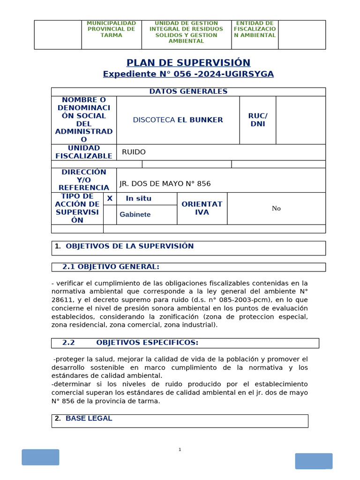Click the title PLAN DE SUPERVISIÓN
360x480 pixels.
tap(188, 63)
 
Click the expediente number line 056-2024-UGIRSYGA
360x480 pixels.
tap(188, 74)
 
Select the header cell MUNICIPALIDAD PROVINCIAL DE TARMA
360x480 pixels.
tap(112, 29)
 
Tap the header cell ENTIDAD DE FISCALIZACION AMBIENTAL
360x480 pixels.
tap(255, 29)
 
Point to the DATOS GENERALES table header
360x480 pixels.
tap(188, 91)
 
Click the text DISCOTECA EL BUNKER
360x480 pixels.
tap(178, 120)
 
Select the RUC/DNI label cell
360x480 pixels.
tap(257, 120)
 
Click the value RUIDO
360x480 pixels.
tap(134, 152)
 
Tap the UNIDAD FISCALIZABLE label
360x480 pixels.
tap(84, 152)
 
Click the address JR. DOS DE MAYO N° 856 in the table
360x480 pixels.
tap(165, 184)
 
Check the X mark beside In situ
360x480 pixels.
tap(110, 198)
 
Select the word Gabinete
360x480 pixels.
tap(135, 215)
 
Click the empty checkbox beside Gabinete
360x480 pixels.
tap(110, 215)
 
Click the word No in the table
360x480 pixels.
tap(276, 209)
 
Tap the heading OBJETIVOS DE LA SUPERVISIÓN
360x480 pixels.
tap(129, 246)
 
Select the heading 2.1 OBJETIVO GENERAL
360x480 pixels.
tap(111, 267)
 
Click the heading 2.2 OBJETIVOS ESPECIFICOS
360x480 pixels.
tap(130, 343)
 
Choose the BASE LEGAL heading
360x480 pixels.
tap(89, 419)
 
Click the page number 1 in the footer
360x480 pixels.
tap(180, 450)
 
